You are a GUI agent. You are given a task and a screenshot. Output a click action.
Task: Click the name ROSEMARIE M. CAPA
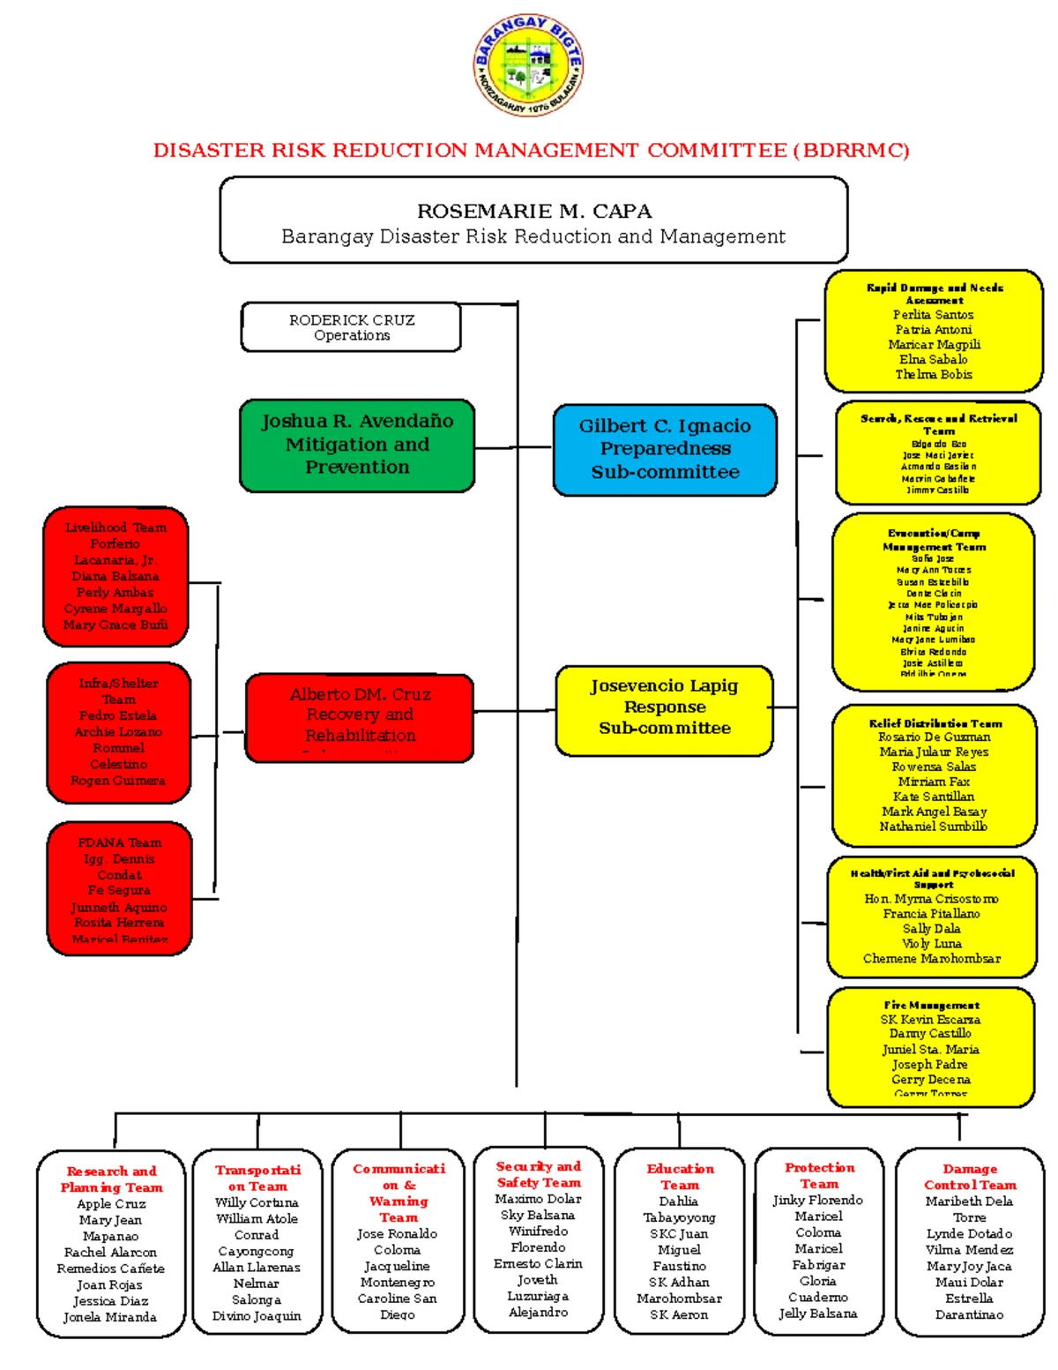(534, 212)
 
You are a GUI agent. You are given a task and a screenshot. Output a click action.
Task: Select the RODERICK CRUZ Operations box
(351, 327)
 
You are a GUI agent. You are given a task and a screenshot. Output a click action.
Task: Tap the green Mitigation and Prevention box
(357, 445)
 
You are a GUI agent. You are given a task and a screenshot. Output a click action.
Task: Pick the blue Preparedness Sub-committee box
(665, 449)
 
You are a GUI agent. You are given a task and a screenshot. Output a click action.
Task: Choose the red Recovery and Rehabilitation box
(360, 717)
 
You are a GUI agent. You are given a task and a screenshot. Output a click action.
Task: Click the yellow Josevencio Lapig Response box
(664, 708)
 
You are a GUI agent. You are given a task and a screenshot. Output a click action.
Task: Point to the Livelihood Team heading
(115, 528)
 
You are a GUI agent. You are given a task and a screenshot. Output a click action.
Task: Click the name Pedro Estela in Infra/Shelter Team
(118, 715)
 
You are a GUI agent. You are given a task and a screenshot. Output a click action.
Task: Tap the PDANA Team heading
(119, 842)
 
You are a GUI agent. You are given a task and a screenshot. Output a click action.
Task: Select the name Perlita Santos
(933, 315)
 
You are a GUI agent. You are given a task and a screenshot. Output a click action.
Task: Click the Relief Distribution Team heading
(935, 723)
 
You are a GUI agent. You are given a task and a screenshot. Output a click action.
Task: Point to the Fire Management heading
(931, 1005)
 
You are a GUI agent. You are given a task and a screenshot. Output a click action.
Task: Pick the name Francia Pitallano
(931, 914)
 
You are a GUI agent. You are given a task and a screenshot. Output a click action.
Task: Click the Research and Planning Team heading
(111, 1179)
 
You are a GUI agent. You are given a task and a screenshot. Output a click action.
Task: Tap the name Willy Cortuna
(257, 1202)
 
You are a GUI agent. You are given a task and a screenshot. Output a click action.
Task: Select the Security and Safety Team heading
(538, 1174)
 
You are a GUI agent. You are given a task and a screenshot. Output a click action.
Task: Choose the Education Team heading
(680, 1177)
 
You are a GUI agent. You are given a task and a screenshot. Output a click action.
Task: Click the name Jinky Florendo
(817, 1201)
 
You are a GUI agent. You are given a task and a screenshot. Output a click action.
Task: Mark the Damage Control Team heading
(970, 1177)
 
